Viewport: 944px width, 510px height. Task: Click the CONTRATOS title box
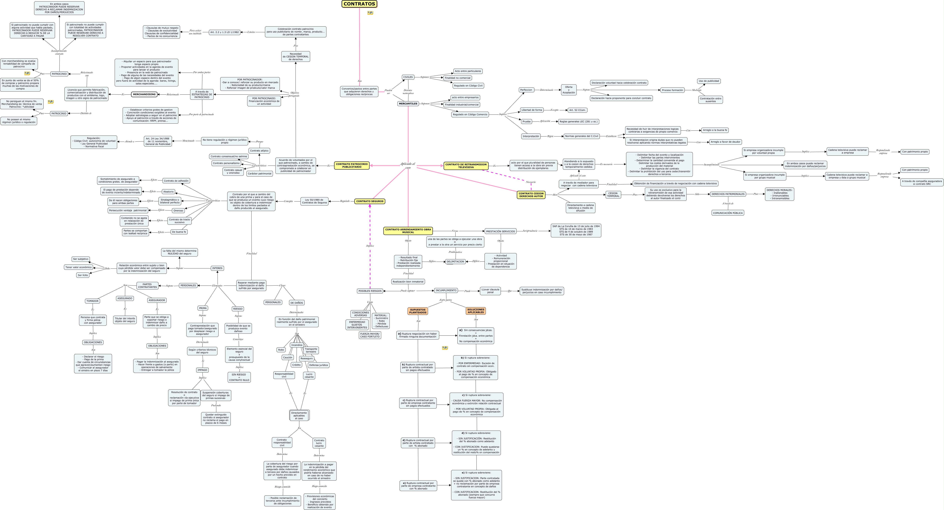coord(359,4)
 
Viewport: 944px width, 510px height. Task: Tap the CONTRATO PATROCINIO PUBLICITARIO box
coord(351,165)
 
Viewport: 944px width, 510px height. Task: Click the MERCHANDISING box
coord(144,95)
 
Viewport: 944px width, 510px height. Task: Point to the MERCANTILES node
coord(408,104)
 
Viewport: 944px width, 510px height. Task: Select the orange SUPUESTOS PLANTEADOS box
coord(418,311)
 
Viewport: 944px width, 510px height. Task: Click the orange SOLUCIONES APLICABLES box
coord(476,311)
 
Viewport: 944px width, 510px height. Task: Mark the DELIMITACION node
coord(455,262)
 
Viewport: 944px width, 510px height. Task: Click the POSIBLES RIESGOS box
coord(370,291)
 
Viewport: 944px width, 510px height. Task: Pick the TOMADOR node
coord(92,301)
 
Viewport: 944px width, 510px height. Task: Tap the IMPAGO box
coord(202,370)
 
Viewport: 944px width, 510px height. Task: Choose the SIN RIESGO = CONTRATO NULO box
coord(239,377)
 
